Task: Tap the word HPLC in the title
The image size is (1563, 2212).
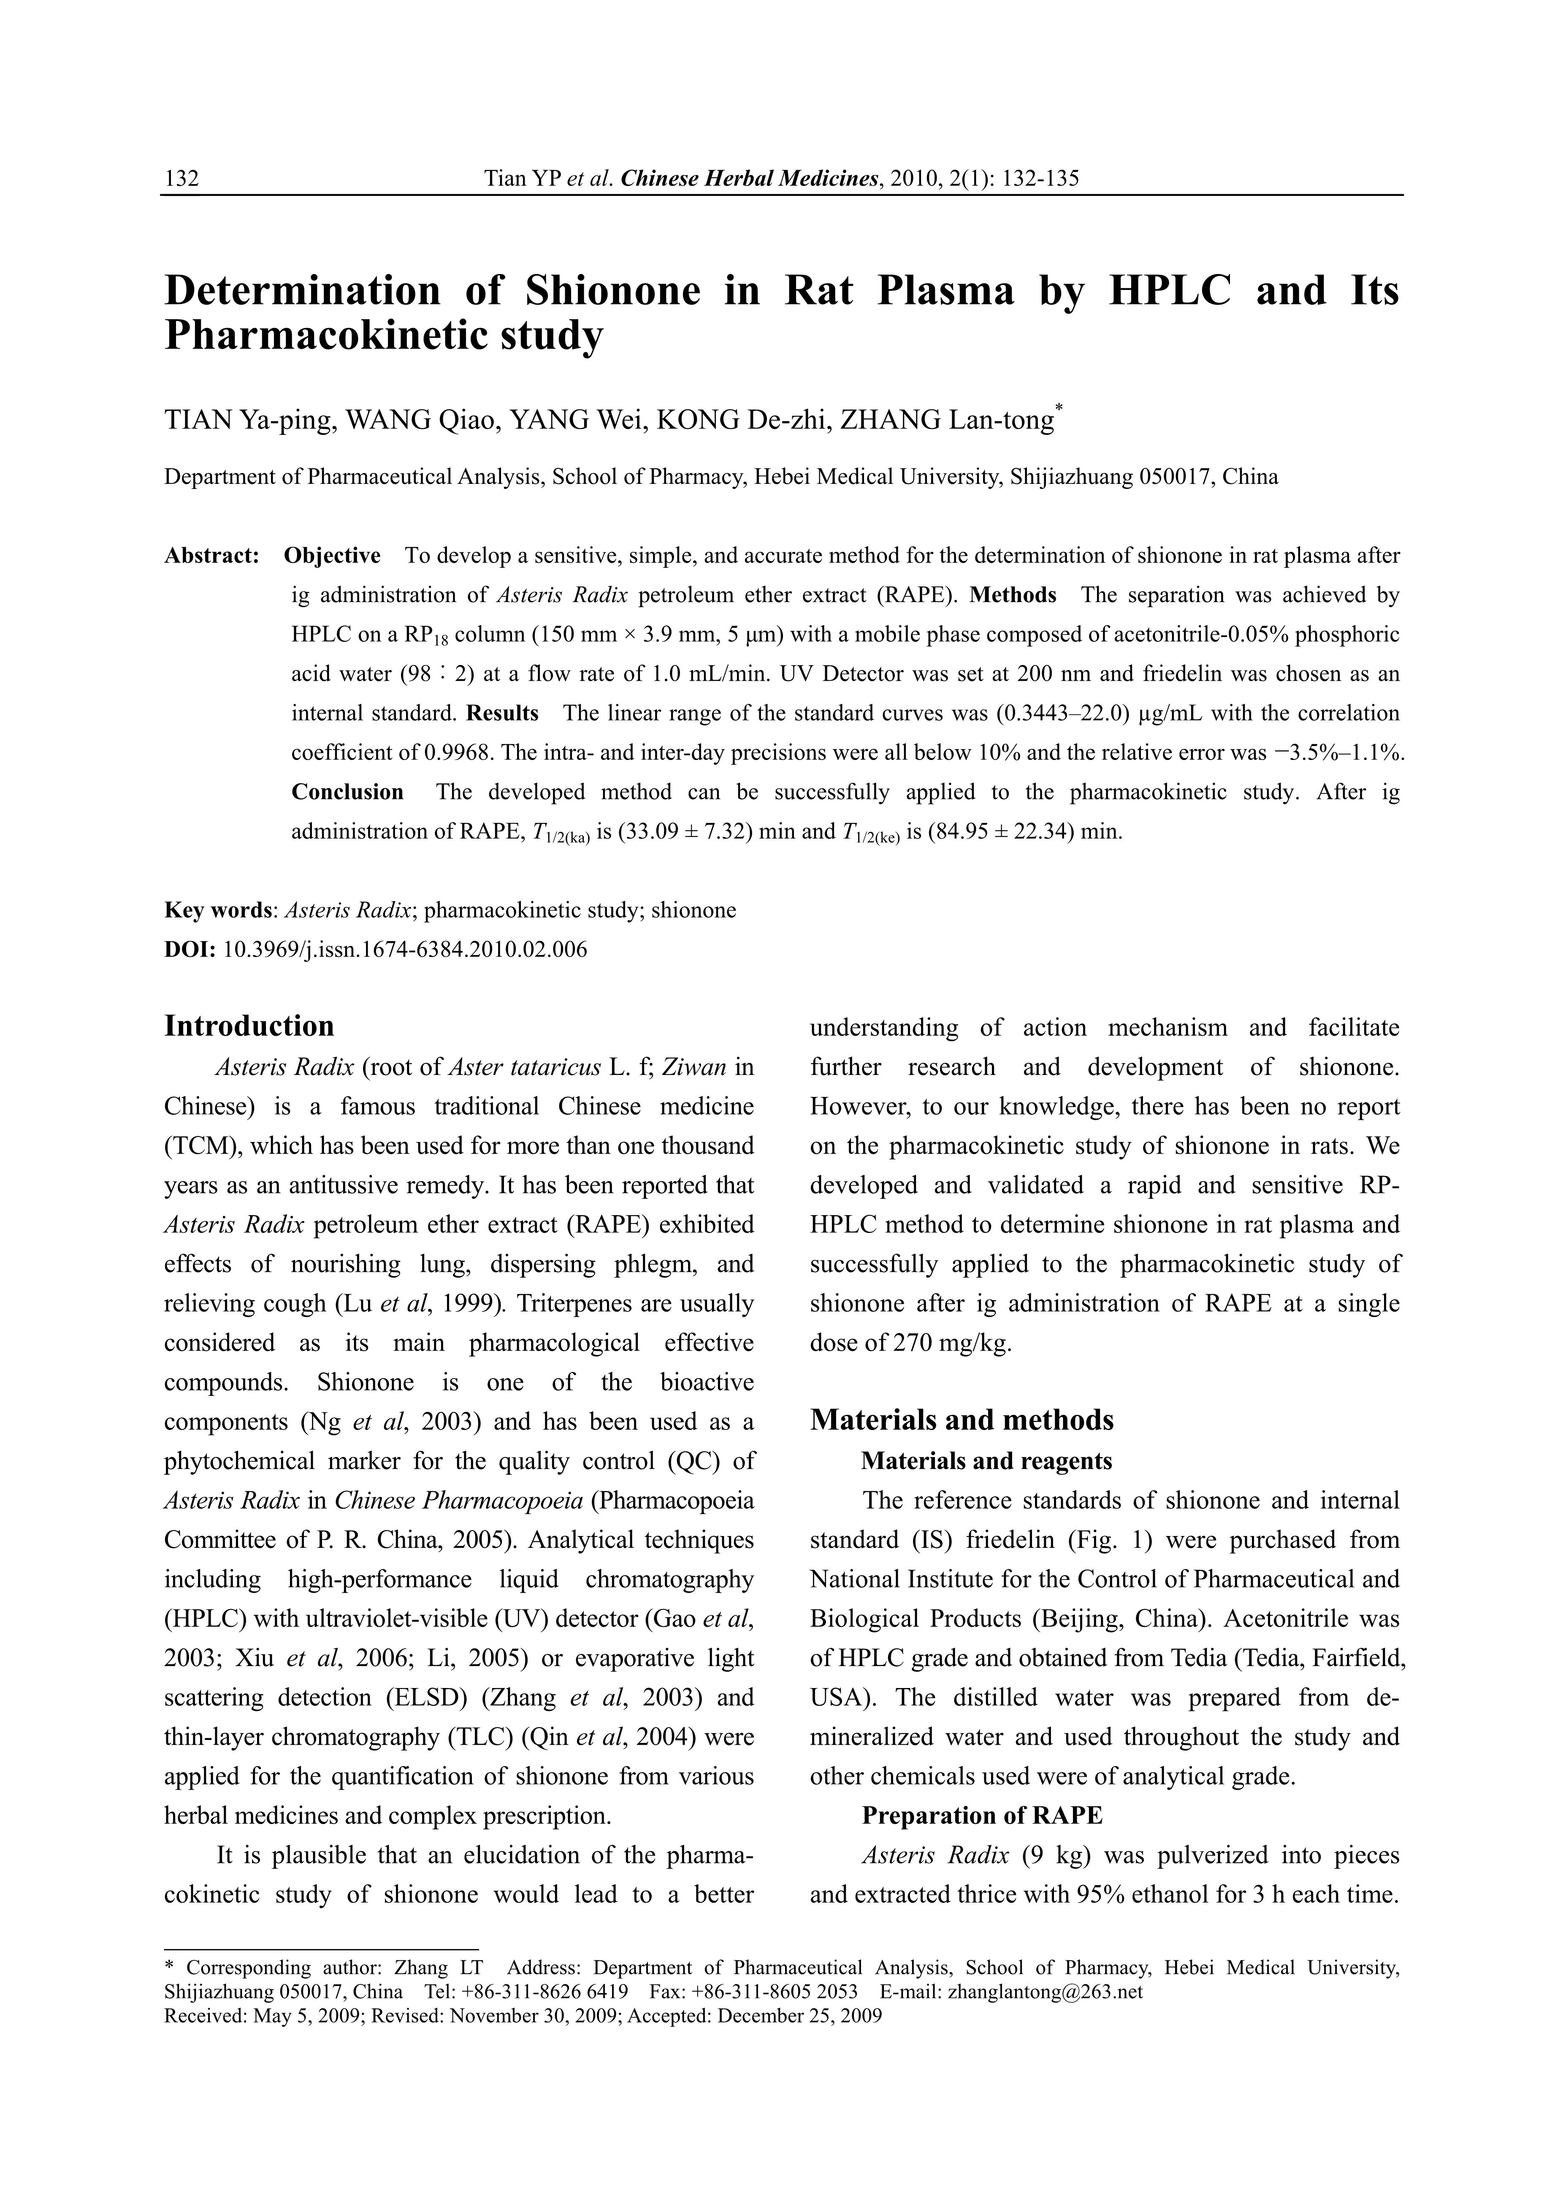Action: tap(1170, 291)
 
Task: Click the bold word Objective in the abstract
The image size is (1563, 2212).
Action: tap(332, 556)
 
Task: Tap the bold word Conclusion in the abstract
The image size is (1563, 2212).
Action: tap(348, 792)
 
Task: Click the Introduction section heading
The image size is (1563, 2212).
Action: tap(249, 1026)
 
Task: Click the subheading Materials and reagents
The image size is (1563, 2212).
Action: tap(986, 1461)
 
